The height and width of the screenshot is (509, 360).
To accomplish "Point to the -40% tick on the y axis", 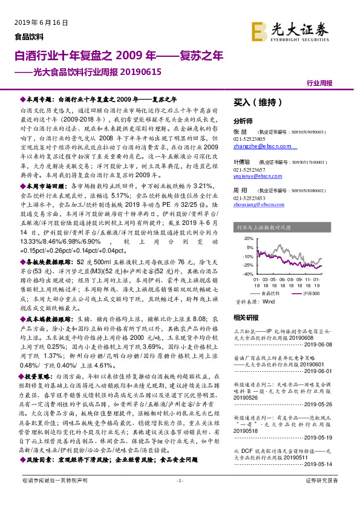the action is pyautogui.click(x=248, y=273).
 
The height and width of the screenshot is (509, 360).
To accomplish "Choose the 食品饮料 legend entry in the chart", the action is pyautogui.click(x=272, y=293).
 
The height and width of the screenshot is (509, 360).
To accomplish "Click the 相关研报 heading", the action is pyautogui.click(x=245, y=317).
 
